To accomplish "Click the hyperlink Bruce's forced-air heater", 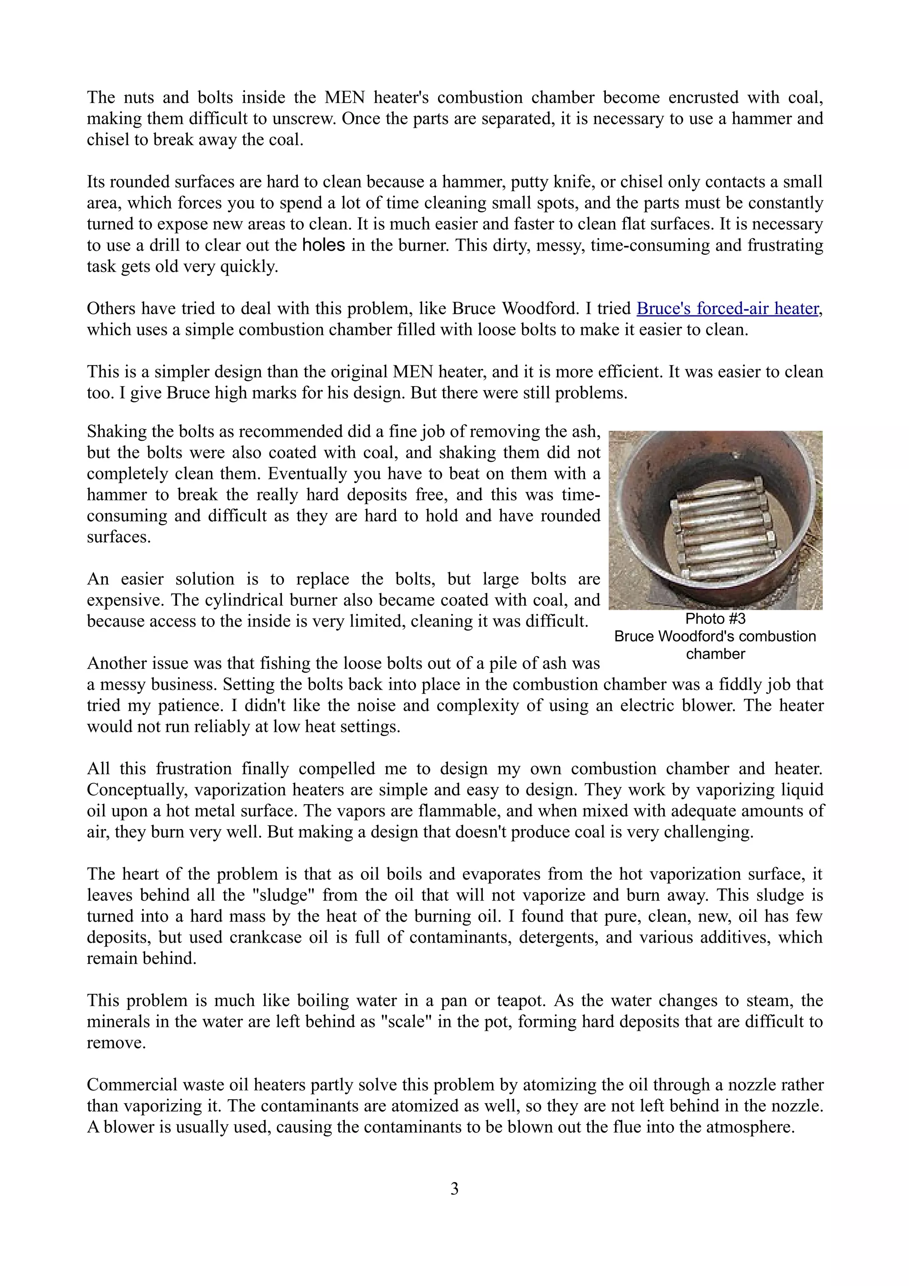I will tap(727, 308).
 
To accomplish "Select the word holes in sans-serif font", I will tap(323, 245).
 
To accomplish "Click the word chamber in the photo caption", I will tap(715, 654).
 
